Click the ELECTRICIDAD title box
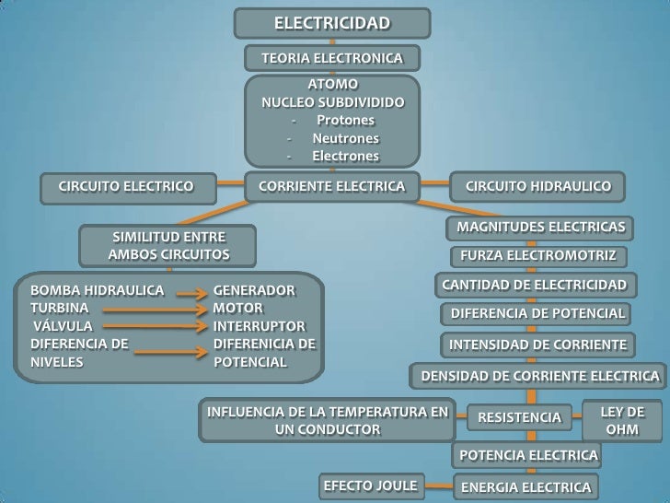click(331, 23)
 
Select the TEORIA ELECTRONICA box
click(331, 59)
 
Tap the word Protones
click(345, 121)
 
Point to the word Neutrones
click(345, 138)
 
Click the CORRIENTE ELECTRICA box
click(331, 187)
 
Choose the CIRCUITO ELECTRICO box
click(126, 187)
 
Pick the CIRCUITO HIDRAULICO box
click(537, 187)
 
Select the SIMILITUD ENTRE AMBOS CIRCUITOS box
click(168, 245)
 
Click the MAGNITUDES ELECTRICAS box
click(540, 227)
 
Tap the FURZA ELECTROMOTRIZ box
click(538, 255)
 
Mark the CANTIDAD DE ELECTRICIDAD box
click(534, 285)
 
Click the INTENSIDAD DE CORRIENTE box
click(537, 345)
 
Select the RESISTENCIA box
click(519, 417)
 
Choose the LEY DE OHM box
click(622, 421)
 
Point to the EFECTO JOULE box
click(370, 485)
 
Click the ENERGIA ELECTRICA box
click(525, 486)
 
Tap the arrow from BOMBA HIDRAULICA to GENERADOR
click(190, 294)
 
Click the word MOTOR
click(237, 309)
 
